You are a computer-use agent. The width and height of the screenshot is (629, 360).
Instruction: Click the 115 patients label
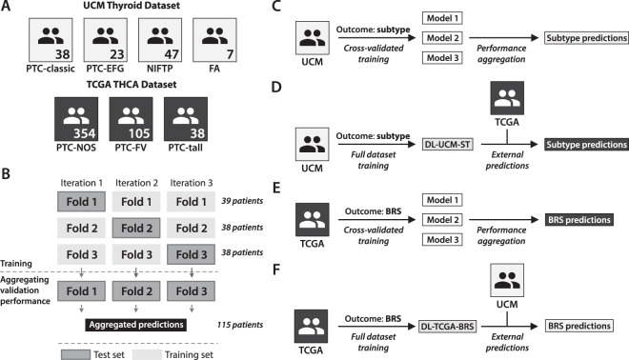click(x=243, y=325)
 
